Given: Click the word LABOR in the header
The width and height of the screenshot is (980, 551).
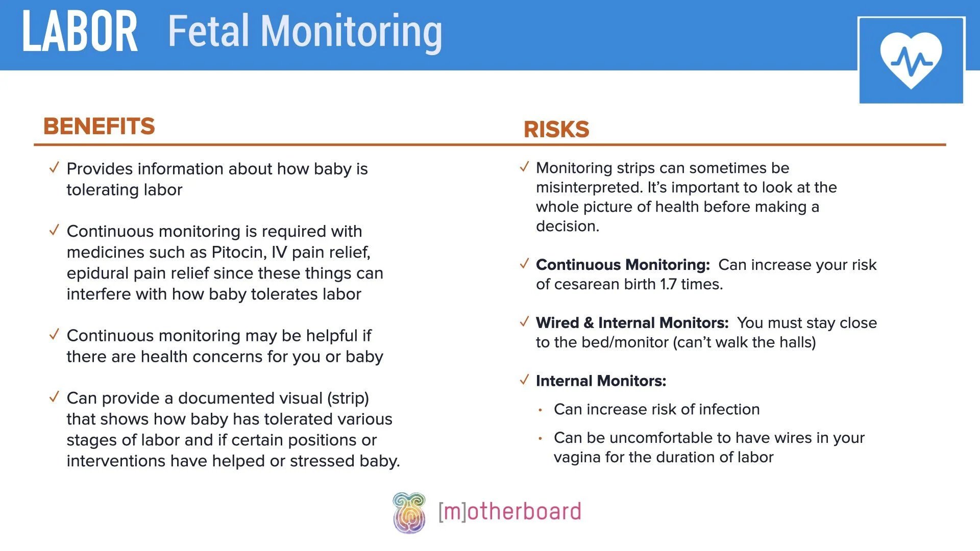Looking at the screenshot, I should point(80,32).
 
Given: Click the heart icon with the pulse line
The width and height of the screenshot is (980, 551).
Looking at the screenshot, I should point(911,60).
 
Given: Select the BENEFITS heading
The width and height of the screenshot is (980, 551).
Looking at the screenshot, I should point(99,126).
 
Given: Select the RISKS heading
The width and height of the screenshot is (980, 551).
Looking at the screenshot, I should point(556,130).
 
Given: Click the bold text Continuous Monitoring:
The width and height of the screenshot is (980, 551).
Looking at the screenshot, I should point(623,265).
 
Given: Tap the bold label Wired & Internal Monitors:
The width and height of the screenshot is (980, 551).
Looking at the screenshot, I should point(632,323).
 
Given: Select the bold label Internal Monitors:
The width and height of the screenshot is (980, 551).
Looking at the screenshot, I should point(601,381).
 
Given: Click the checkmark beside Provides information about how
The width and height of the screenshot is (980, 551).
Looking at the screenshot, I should point(54,168).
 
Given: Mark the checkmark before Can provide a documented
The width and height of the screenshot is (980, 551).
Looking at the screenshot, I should point(54,397).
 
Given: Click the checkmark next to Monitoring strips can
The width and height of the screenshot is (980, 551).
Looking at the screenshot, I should point(524,167).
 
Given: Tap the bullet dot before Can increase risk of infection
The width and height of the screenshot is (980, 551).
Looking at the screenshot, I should point(540,410).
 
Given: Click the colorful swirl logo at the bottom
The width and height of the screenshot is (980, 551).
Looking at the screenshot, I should point(409,513).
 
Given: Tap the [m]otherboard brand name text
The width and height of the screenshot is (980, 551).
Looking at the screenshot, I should point(509,512).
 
